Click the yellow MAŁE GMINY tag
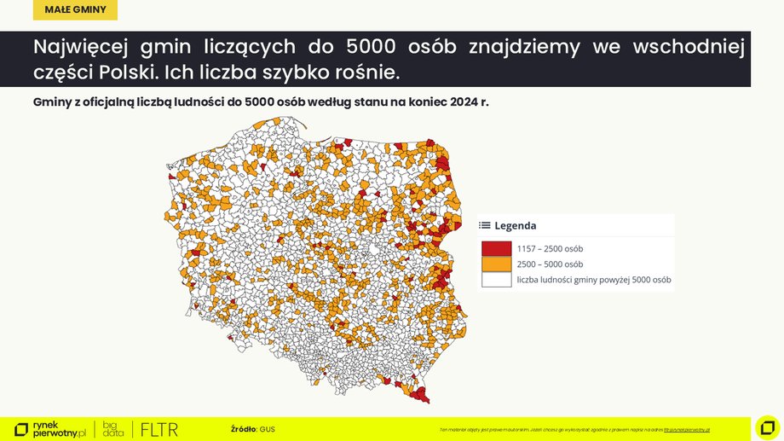pos(76,10)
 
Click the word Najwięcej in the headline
pos(78,47)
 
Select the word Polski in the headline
pos(127,72)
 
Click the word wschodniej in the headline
pos(688,47)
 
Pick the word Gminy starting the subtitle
pos(51,102)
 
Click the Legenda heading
pos(515,226)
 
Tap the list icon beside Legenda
pos(484,226)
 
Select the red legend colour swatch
pos(496,248)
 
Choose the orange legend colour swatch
pos(496,264)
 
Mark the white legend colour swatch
pos(496,279)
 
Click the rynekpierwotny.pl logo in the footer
pos(51,429)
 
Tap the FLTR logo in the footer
pos(159,429)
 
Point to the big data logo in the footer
pos(113,429)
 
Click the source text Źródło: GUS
pos(252,428)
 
